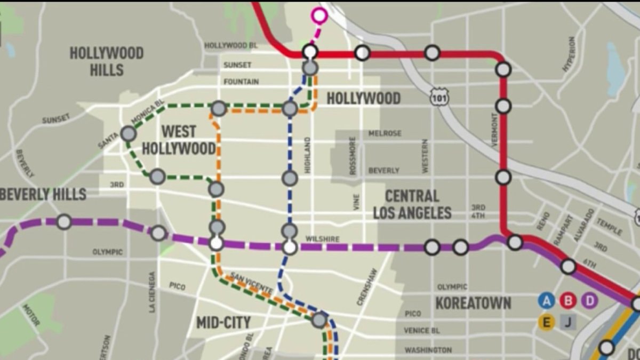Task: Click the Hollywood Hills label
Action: tap(107, 61)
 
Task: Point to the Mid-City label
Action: tap(223, 323)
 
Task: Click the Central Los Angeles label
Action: tap(412, 205)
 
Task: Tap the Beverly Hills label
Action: tap(43, 194)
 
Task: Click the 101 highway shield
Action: tap(441, 97)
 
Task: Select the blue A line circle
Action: tap(546, 301)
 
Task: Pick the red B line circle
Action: tap(568, 301)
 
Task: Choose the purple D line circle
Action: tap(589, 301)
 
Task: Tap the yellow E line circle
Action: tap(546, 322)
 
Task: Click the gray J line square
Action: tap(568, 322)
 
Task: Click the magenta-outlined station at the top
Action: tap(319, 16)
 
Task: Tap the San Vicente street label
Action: tap(250, 283)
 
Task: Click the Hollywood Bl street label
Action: tap(227, 46)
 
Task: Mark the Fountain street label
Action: tap(241, 82)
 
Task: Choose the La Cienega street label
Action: tap(152, 292)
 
